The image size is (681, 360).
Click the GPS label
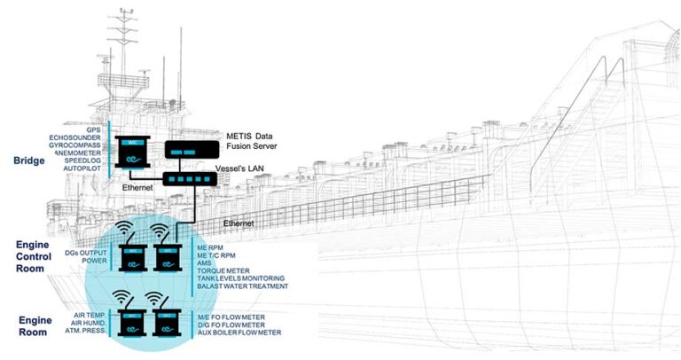[x=94, y=128]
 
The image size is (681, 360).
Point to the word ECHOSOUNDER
[x=76, y=137]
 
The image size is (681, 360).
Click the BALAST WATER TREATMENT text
[x=239, y=286]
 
